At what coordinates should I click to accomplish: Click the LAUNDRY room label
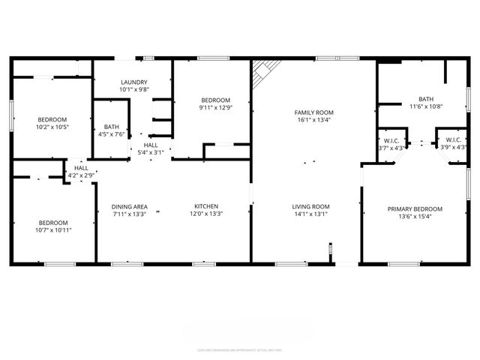[134, 82]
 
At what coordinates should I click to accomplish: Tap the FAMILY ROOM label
[313, 112]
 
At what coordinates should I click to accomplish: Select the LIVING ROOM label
[311, 207]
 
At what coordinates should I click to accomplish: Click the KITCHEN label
[206, 207]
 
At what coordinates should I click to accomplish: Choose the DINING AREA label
[129, 207]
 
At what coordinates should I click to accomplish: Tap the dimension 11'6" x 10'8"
[426, 106]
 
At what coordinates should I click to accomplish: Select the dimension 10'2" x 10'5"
[53, 127]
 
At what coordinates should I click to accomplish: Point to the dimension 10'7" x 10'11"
[53, 230]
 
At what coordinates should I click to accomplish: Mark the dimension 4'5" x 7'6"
[112, 135]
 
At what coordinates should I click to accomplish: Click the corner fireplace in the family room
[262, 73]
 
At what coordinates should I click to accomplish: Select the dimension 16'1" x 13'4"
[313, 119]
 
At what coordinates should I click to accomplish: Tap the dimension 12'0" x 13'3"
[206, 214]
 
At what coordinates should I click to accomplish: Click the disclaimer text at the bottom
[239, 349]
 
